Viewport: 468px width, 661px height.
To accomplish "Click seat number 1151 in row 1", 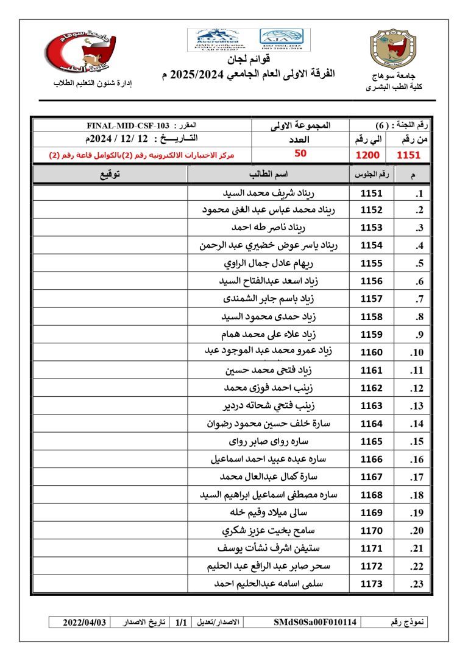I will (371, 194).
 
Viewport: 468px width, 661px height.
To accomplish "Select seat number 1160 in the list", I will (371, 352).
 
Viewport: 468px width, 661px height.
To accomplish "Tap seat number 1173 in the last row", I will (371, 584).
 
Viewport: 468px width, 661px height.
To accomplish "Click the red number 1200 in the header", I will (368, 155).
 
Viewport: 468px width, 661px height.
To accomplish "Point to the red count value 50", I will (300, 153).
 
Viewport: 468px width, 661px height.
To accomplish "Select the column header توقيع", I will (110, 175).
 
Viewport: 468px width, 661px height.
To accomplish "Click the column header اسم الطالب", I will (268, 175).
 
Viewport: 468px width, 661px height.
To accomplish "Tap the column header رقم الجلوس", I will (371, 175).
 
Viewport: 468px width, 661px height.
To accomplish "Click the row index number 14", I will (417, 425).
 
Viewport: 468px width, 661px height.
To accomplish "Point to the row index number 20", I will (417, 531).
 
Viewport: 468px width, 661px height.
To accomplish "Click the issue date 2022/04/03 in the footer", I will (85, 622).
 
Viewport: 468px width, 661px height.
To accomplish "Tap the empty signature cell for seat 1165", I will (110, 441).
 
